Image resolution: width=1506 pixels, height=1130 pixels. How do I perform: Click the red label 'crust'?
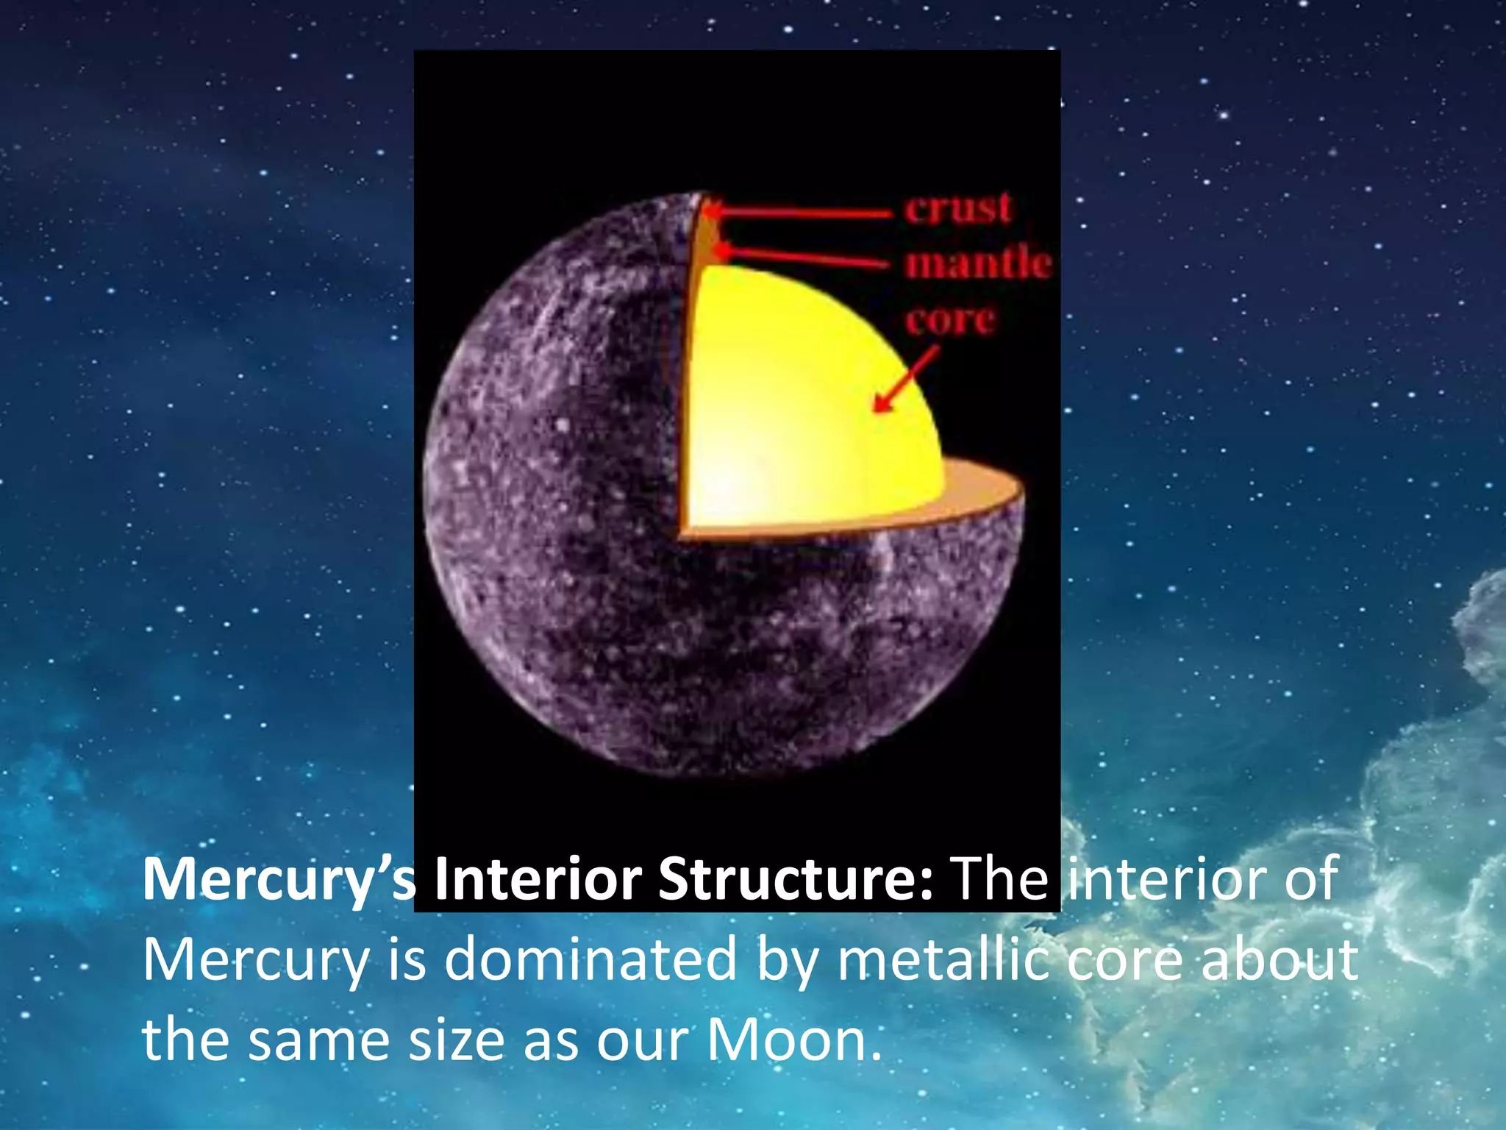pyautogui.click(x=958, y=208)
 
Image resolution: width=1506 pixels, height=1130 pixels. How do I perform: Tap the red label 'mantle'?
pyautogui.click(x=978, y=263)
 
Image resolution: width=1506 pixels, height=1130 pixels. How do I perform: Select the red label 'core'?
pyautogui.click(x=950, y=320)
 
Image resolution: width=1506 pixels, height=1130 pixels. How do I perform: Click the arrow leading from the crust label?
pyautogui.click(x=802, y=213)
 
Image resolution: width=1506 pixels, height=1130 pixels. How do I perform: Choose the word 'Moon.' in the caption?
pyautogui.click(x=794, y=1040)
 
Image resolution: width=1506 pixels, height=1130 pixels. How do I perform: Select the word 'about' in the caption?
pyautogui.click(x=1280, y=959)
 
